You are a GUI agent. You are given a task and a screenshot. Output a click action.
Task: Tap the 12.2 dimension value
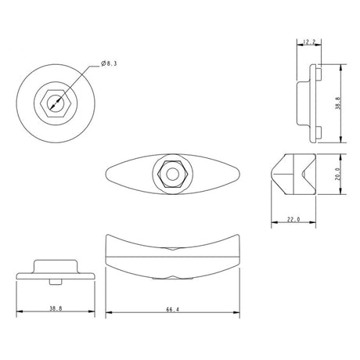309,41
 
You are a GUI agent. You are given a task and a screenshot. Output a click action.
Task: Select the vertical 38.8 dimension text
337,103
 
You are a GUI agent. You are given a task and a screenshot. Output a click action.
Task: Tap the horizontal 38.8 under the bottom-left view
54,309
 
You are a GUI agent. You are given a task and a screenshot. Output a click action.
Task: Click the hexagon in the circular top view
54,102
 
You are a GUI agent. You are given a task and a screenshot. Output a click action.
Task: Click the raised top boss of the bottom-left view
54,261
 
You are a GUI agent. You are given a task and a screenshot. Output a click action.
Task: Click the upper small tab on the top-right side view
319,70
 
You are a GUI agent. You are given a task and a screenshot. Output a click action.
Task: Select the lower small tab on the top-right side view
319,137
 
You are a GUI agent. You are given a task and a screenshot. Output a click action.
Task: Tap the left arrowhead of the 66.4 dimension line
107,313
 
